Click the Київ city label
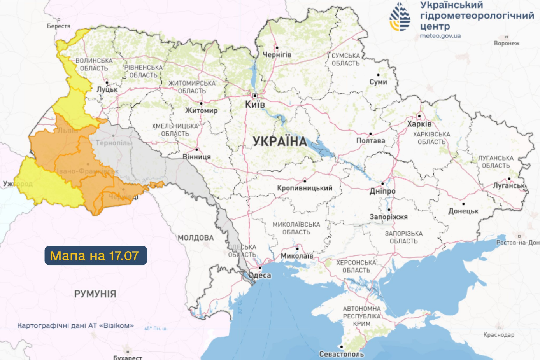pos(255,104)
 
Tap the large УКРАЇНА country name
pos(280,141)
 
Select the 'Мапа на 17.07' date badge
pos(96,255)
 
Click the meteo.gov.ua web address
pos(440,36)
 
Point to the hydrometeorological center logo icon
pos(400,17)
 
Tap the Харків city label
pos(419,124)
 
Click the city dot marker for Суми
pos(378,75)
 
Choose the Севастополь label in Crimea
pos(341,354)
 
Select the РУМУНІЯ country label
pos(95,294)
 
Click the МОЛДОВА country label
pos(196,238)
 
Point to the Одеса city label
pos(260,275)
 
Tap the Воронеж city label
pos(506,43)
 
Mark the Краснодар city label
pos(499,335)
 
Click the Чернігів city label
pos(277,55)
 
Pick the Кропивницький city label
pos(305,188)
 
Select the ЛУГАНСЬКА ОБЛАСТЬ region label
pos(496,162)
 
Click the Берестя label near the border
pos(58,26)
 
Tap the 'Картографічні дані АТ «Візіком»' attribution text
pos(75,325)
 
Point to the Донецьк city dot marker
pos(463,204)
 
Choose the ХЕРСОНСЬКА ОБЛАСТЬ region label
pos(356,266)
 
